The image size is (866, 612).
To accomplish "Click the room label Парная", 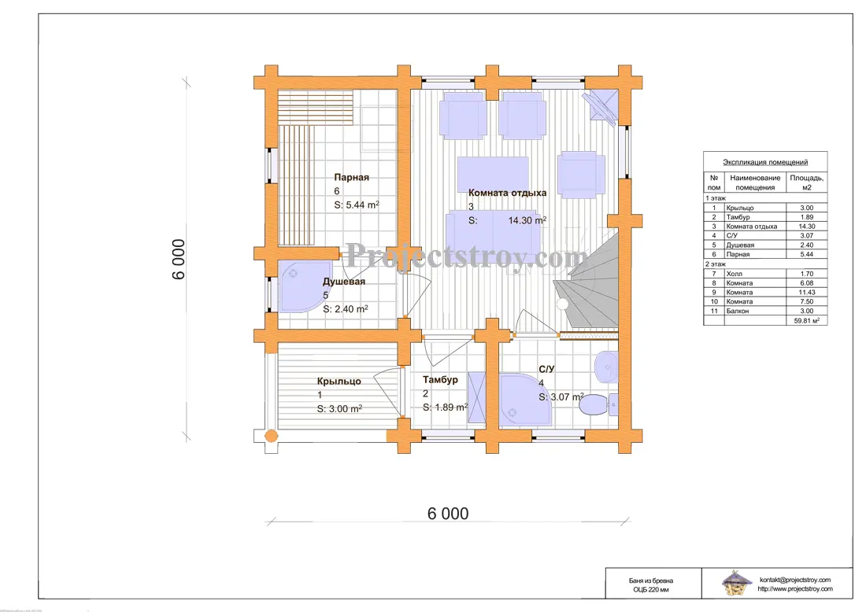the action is (x=351, y=177).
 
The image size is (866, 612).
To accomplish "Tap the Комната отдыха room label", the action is (x=507, y=193).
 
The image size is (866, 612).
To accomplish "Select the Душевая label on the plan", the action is (x=343, y=282).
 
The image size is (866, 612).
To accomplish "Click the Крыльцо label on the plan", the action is (x=339, y=382).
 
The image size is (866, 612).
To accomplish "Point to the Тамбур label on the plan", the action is (x=440, y=380).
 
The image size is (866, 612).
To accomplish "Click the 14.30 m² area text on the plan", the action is (x=527, y=220).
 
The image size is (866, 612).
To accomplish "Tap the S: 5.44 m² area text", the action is (x=356, y=205).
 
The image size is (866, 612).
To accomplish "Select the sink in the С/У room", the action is (x=606, y=366).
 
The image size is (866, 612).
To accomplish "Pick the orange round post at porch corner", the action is (x=271, y=436).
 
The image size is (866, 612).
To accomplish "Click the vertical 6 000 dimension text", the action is (x=179, y=260).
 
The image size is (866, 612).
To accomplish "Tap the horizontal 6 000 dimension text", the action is (x=448, y=514).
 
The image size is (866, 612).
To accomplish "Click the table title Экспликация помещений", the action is (x=765, y=162).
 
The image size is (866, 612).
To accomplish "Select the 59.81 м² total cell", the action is (x=806, y=321).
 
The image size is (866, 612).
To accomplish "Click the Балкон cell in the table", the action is (x=738, y=312).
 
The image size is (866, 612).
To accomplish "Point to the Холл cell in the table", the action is (x=734, y=274).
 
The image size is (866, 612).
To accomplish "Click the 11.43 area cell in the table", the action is (x=806, y=293).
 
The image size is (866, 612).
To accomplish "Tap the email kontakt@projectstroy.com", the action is (x=795, y=580).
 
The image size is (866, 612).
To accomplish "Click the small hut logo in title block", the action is (x=737, y=584).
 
